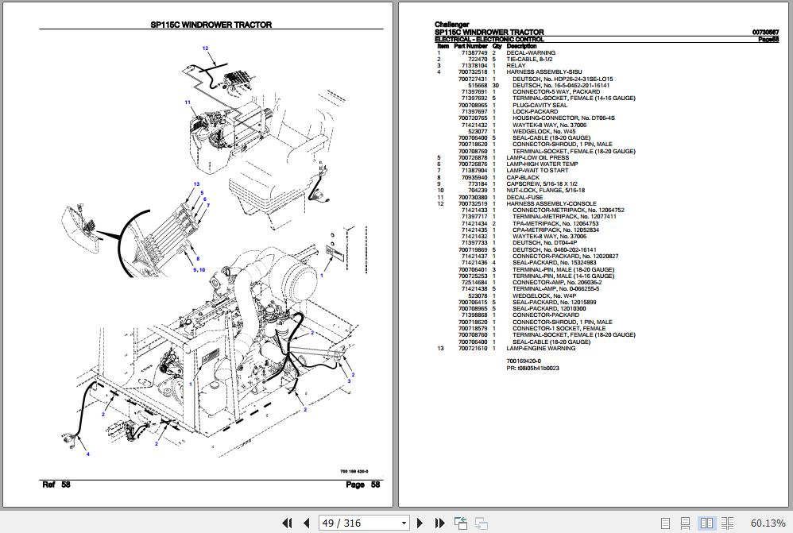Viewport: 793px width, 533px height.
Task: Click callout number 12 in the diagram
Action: click(204, 49)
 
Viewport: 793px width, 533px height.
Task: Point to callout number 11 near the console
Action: click(188, 102)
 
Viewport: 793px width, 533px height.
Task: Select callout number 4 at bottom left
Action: click(88, 454)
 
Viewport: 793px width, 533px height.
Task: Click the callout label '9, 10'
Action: click(198, 270)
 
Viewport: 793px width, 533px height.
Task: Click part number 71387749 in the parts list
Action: click(471, 53)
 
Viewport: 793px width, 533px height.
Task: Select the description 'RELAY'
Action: click(516, 66)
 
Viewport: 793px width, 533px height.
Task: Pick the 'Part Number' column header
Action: click(471, 46)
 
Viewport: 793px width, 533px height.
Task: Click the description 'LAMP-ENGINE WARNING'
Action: click(540, 349)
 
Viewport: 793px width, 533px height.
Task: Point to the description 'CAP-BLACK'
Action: click(523, 178)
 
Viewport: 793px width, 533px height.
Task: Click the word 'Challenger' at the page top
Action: click(451, 25)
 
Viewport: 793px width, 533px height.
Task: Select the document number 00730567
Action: click(764, 32)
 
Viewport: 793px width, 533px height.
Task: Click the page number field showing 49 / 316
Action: click(363, 523)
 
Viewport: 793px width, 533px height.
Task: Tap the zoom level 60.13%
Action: click(767, 523)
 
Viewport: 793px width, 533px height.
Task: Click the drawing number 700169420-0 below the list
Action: click(528, 361)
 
